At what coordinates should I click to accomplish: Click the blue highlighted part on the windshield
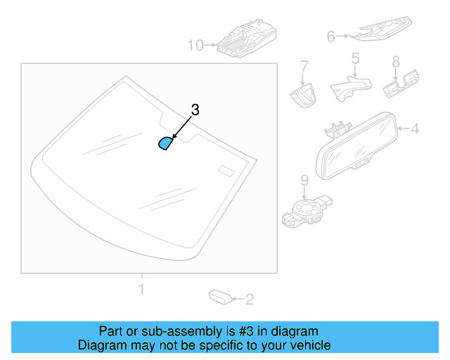[165, 143]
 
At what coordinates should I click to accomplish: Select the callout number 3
[195, 110]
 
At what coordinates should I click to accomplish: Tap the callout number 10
[195, 46]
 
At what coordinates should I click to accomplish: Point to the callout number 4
[415, 129]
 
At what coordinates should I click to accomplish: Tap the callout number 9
[304, 180]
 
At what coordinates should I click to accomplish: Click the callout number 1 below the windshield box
[141, 288]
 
